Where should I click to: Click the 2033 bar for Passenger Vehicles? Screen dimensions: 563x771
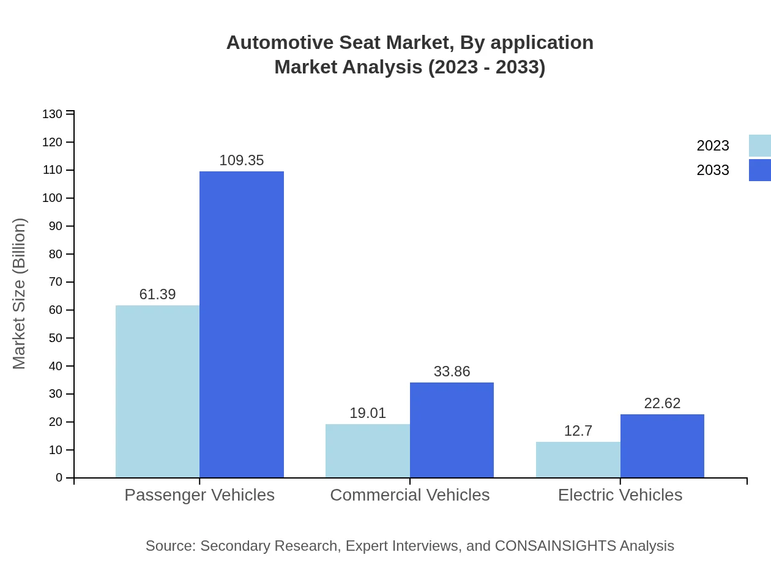[242, 324]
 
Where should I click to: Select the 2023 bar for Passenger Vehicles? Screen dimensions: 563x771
[157, 392]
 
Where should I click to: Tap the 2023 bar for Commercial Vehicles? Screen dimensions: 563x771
[367, 450]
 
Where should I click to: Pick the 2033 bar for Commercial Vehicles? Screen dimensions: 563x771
[452, 430]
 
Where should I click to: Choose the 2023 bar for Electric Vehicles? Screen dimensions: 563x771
[578, 460]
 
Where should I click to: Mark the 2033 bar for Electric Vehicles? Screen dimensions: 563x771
[662, 446]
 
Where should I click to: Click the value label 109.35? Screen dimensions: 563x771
[242, 160]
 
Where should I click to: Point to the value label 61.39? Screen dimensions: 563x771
[157, 294]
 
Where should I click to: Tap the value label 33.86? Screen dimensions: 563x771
[452, 371]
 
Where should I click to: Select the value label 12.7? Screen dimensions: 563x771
[578, 431]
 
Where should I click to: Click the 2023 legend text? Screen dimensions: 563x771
[713, 146]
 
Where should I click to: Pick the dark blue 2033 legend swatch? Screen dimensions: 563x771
[760, 170]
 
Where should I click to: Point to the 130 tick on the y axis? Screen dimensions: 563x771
[53, 114]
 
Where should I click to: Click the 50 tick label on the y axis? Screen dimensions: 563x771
[55, 338]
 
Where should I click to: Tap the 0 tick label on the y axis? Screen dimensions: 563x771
[59, 478]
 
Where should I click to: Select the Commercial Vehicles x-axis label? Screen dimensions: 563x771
[409, 495]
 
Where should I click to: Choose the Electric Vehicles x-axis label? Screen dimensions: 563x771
[620, 495]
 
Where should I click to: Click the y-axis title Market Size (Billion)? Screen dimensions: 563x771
[19, 294]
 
